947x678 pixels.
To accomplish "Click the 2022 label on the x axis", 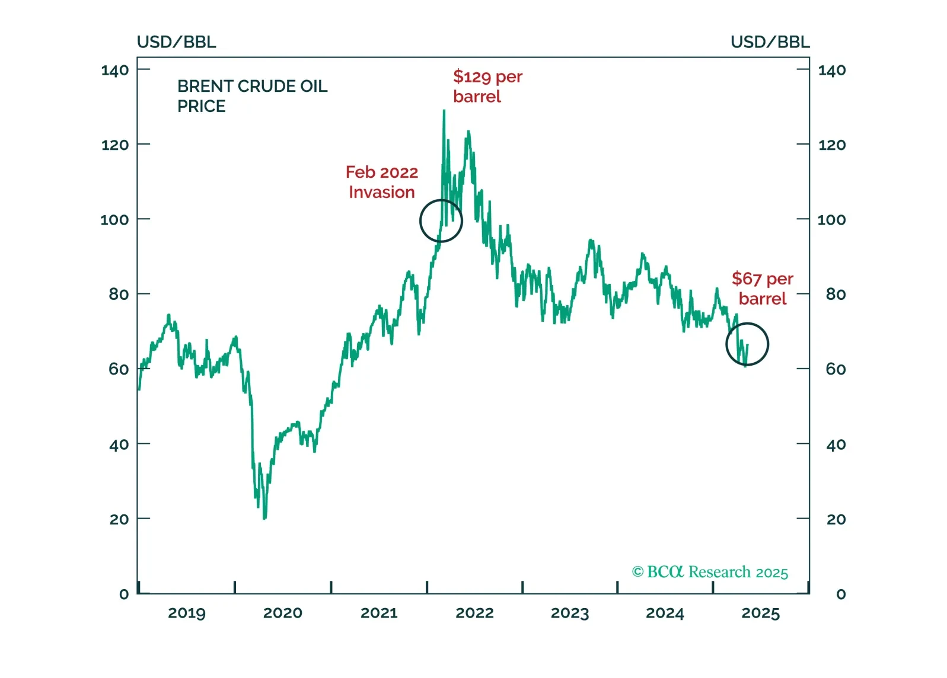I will point(474,613).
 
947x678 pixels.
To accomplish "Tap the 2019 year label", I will point(187,613).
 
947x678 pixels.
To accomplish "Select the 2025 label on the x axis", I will point(760,613).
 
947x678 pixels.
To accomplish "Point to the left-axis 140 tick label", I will point(114,71).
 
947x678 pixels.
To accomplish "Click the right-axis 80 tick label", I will point(836,294).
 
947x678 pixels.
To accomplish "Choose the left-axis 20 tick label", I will point(119,519).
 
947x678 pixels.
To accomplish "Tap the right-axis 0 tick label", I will point(840,594).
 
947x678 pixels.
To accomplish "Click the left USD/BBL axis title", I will point(176,42).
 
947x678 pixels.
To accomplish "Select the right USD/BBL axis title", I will point(770,42).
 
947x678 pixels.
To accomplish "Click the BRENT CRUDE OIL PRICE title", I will point(252,96).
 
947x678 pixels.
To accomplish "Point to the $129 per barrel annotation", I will point(487,87).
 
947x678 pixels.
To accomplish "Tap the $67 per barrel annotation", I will point(762,289).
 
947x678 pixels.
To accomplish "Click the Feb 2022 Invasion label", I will point(382,182).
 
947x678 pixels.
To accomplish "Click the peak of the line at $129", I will point(444,111).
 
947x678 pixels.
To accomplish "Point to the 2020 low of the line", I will point(264,518).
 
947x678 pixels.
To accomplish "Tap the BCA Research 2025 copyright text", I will point(710,572).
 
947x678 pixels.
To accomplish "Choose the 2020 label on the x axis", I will point(283,613).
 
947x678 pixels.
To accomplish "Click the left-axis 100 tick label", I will point(114,220).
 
